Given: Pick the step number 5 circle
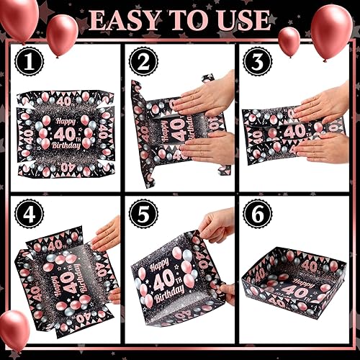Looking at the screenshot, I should click(144, 214).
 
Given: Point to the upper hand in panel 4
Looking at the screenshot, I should click(107, 234).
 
